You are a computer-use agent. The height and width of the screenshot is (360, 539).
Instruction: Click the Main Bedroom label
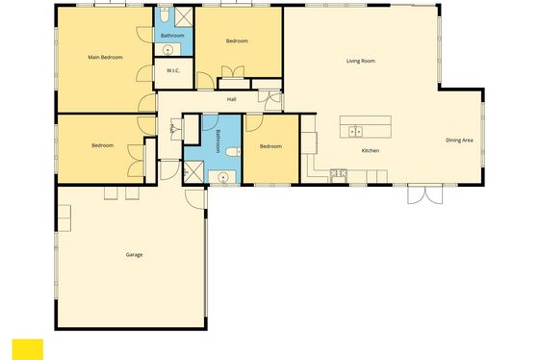[105, 57]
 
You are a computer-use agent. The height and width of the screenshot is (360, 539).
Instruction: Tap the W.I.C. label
[173, 70]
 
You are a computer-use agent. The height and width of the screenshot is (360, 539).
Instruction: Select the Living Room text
[361, 61]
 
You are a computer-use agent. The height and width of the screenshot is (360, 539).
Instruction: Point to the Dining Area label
[459, 141]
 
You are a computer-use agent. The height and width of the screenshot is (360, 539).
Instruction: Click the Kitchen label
[371, 150]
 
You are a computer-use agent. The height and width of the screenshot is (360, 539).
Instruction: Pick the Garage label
[134, 255]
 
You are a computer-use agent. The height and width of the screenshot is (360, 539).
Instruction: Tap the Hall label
[231, 99]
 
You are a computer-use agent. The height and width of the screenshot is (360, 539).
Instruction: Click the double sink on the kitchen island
[355, 131]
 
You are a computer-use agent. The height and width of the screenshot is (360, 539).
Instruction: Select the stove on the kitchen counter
[339, 173]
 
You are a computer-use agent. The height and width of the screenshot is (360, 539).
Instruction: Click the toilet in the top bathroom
[165, 14]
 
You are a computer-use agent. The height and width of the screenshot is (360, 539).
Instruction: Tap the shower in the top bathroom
[183, 16]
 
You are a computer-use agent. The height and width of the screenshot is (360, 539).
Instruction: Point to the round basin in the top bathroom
[167, 50]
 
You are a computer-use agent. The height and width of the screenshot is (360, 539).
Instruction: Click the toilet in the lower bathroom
[234, 151]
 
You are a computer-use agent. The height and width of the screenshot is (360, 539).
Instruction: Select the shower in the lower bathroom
[193, 172]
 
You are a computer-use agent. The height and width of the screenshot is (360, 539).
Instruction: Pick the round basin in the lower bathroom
[222, 177]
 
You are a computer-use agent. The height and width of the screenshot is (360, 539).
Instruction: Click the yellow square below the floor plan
[28, 349]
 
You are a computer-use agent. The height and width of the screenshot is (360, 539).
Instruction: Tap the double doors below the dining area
[424, 194]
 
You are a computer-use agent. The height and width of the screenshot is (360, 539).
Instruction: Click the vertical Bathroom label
[218, 141]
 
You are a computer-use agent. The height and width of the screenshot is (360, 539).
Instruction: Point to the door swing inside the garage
[194, 199]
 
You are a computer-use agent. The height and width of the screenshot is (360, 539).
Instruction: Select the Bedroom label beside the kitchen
[270, 146]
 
